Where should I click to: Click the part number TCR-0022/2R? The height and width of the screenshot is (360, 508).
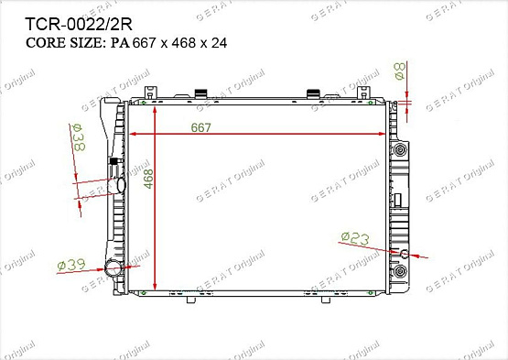(79, 24)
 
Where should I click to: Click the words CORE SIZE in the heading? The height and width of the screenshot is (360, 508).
(64, 43)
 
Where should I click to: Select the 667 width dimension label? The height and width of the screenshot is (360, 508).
(200, 127)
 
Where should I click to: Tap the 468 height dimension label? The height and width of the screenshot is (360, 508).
(148, 179)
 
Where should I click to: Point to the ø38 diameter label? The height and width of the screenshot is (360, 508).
(78, 137)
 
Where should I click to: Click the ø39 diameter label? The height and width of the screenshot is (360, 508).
(71, 265)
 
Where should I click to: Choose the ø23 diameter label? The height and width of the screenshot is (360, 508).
(355, 238)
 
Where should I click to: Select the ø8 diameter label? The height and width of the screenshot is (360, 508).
(399, 71)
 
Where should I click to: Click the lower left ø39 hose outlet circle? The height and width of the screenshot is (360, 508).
(113, 267)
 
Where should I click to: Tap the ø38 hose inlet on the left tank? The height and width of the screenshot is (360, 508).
(121, 185)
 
